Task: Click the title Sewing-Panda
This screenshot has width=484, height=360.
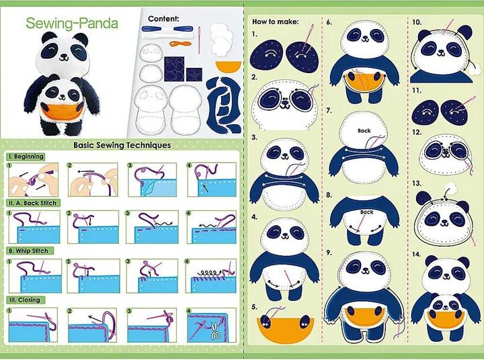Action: [72, 24]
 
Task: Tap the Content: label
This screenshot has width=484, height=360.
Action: [163, 18]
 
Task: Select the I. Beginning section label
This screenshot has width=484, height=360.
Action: [26, 156]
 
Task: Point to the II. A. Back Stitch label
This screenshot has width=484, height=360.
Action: [33, 203]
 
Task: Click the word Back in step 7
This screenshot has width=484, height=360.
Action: [364, 131]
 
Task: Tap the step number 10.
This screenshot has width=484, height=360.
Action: [417, 21]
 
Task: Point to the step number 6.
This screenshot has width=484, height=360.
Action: [329, 21]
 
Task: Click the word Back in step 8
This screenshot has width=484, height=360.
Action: [366, 212]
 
